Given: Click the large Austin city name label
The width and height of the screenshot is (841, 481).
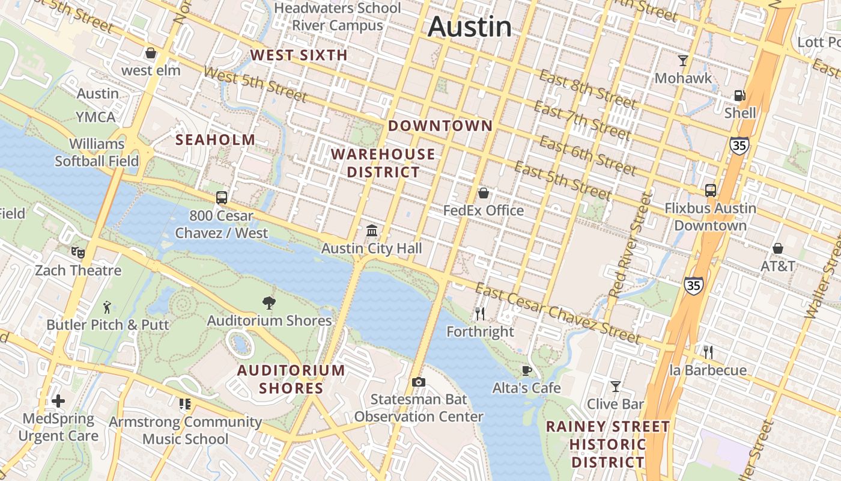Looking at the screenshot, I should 470,27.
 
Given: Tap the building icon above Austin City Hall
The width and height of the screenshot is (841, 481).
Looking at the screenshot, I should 372,230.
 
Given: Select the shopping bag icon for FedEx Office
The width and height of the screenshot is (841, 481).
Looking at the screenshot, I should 483,193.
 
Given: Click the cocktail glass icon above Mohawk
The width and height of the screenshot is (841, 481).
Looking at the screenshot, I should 683,60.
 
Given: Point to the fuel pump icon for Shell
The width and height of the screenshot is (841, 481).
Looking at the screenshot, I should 739,95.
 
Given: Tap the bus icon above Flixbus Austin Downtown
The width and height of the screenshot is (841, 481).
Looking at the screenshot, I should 710,191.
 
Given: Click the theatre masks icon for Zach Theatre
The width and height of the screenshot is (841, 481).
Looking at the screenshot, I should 77,253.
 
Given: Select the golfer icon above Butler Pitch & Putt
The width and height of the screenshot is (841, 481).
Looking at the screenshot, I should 108,307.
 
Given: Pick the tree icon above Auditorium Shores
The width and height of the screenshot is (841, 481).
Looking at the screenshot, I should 269,303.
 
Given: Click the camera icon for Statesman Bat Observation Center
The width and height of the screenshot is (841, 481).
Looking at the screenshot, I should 419,382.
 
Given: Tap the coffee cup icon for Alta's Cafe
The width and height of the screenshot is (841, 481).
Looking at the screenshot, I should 527,370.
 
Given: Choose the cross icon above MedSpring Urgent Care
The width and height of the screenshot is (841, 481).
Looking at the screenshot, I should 58,401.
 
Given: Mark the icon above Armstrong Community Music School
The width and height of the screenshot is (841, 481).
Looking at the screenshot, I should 185,404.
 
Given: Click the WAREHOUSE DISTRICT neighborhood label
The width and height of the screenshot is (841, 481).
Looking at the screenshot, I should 383,163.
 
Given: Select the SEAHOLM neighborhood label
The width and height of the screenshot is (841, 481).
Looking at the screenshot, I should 215,140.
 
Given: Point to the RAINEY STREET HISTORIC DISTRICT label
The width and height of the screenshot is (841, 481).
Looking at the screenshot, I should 607,444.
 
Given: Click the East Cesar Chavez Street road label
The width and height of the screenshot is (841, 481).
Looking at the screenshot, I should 558,314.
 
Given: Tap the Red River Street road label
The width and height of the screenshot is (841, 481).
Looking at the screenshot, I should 630,245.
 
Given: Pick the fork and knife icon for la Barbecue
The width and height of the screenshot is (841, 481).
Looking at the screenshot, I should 708,352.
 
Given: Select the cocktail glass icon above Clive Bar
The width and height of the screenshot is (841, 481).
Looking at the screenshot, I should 615,386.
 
